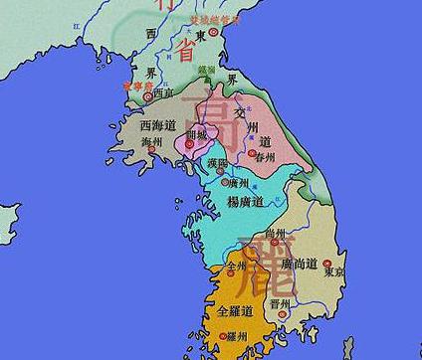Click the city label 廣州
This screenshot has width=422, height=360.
click(x=239, y=183)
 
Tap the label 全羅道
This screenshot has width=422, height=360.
click(x=236, y=311)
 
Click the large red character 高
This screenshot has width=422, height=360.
click(x=220, y=106)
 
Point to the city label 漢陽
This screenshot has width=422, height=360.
click(x=218, y=162)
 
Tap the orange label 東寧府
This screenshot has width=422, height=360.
click(x=134, y=87)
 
